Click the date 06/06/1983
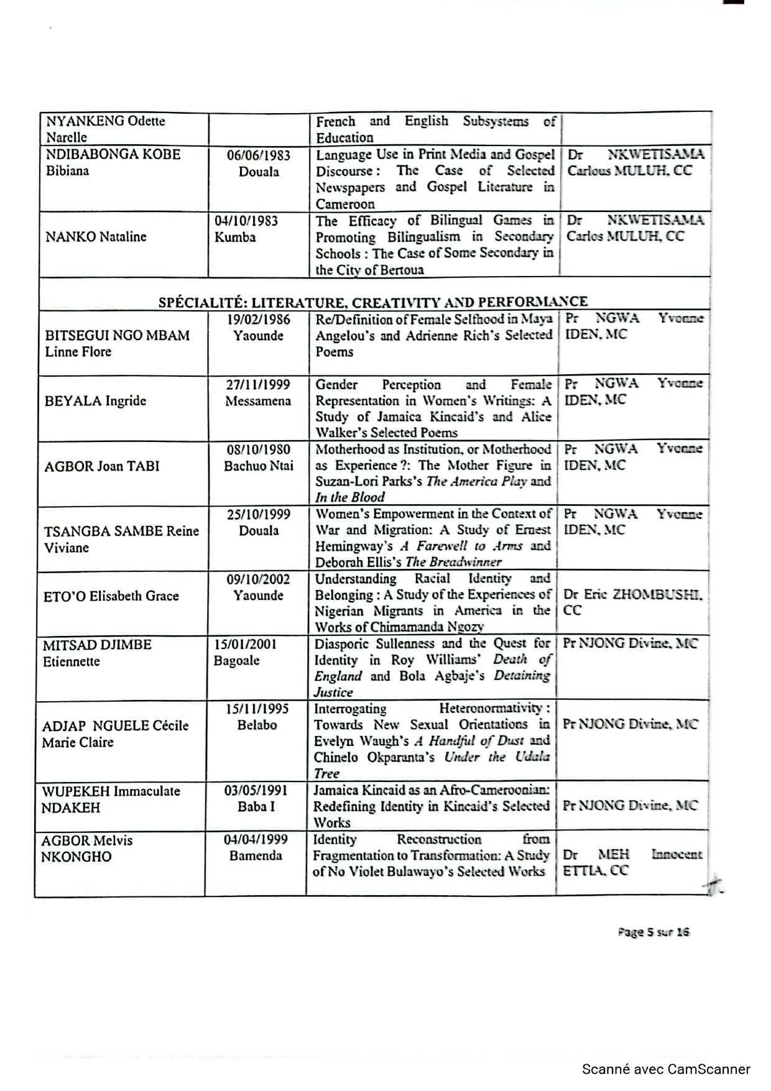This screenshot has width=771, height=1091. click(x=258, y=155)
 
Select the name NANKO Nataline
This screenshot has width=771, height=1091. click(x=96, y=237)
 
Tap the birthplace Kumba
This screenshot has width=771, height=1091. click(x=235, y=237)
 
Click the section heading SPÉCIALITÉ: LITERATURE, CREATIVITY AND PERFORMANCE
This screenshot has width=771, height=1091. click(x=372, y=302)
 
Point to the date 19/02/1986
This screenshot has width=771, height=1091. click(x=258, y=320)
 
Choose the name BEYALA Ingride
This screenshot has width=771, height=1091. click(x=95, y=400)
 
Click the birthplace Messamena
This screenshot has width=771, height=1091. click(x=258, y=401)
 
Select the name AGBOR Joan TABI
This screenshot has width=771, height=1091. click(x=101, y=466)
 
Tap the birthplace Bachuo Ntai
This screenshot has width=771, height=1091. click(x=258, y=466)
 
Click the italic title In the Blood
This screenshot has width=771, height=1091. click(x=349, y=497)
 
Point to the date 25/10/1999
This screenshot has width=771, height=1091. click(x=258, y=514)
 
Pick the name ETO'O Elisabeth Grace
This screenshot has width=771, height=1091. click(x=111, y=596)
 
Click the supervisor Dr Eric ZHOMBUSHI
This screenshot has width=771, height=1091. click(x=633, y=595)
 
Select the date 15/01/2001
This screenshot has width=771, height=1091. click(x=245, y=644)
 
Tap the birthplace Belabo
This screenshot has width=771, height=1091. click(x=257, y=725)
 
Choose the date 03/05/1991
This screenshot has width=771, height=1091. click(x=256, y=791)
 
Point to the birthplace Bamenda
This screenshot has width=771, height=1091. click(x=256, y=855)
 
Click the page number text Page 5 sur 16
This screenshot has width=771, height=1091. click(x=653, y=932)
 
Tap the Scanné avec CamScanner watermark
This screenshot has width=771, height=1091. click(x=665, y=1069)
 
